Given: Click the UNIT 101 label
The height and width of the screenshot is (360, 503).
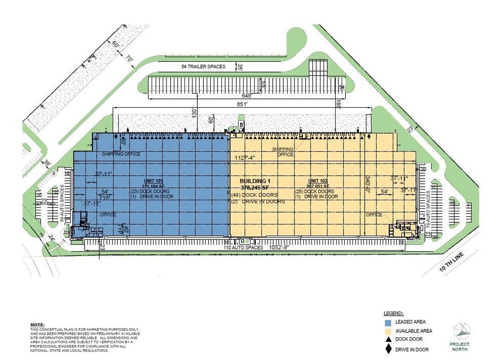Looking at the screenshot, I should pos(153,180).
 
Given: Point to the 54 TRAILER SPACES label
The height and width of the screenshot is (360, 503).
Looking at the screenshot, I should pos(203,67).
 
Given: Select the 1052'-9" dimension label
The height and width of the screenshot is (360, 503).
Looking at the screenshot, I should pos(277,248).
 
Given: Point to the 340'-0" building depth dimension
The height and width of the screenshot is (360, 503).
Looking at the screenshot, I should pos(368,184).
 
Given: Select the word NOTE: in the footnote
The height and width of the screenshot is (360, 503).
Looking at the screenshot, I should pos(37,325).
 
